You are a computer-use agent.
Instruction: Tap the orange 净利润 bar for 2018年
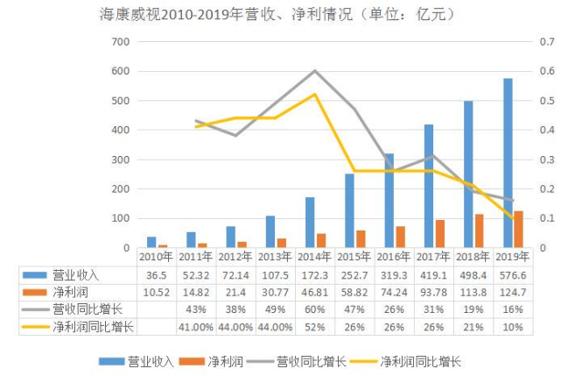(480, 231)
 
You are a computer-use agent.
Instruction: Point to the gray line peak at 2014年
(315, 71)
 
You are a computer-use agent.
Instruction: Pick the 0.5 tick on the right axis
(544, 101)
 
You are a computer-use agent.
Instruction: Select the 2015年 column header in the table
(354, 257)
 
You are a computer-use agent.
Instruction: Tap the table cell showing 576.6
(513, 274)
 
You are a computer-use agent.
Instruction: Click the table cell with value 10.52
(156, 292)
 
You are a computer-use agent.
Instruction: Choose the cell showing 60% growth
(315, 309)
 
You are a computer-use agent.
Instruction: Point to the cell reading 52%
(315, 327)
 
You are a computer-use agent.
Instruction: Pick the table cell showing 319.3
(394, 274)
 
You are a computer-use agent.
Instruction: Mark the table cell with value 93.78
(434, 292)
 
